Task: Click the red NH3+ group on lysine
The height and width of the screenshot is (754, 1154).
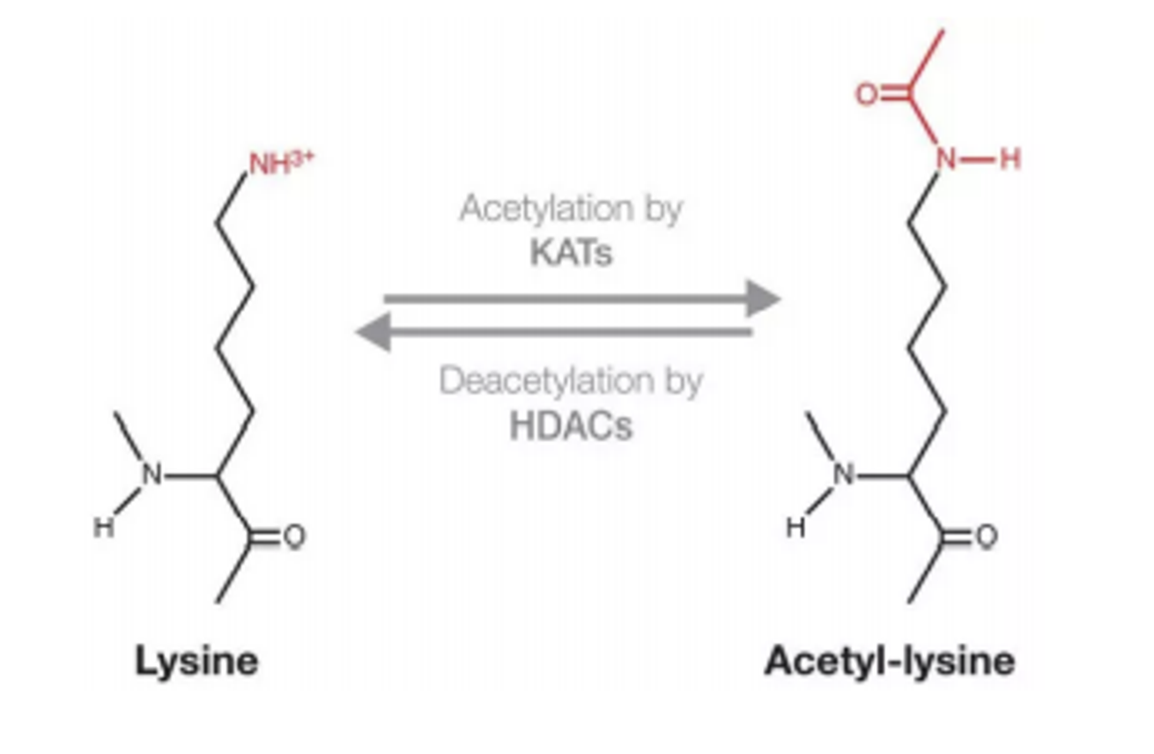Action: tap(281, 164)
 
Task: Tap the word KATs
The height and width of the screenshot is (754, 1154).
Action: tap(571, 253)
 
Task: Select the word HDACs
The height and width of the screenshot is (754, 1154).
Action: tap(571, 426)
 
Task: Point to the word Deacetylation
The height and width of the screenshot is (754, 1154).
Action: tap(545, 381)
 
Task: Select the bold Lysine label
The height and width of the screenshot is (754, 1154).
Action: tap(196, 661)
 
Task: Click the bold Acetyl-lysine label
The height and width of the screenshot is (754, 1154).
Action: tap(890, 661)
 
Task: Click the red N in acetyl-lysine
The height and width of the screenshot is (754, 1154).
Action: tap(945, 159)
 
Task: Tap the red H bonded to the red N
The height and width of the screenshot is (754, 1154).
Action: tap(1010, 159)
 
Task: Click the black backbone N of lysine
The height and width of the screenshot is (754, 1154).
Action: tap(153, 476)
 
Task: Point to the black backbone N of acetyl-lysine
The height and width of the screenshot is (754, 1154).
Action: tap(845, 476)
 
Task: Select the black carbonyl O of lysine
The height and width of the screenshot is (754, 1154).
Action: tap(294, 536)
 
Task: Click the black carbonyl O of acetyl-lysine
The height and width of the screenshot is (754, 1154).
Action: tap(986, 536)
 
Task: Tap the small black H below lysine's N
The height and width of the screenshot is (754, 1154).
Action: tap(105, 529)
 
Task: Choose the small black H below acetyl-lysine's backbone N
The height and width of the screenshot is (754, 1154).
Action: tap(795, 529)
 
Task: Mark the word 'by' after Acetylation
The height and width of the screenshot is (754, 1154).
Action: tap(663, 210)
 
